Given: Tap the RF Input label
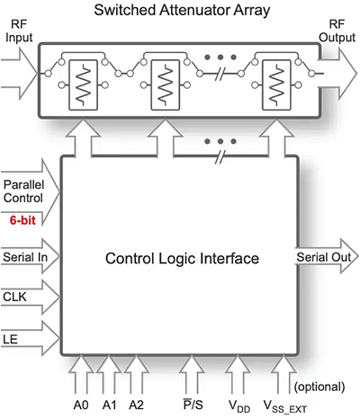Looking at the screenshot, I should click(x=20, y=33).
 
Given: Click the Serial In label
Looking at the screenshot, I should click(x=24, y=256).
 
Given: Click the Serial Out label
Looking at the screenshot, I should click(x=322, y=256).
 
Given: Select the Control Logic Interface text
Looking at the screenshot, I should click(x=182, y=259).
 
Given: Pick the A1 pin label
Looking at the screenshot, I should click(x=110, y=405).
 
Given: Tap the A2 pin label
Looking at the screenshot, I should click(x=137, y=405).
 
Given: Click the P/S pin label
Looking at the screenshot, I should click(x=192, y=405).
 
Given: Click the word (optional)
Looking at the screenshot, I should click(x=319, y=387).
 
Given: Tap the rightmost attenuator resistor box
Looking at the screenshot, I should click(x=277, y=85).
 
